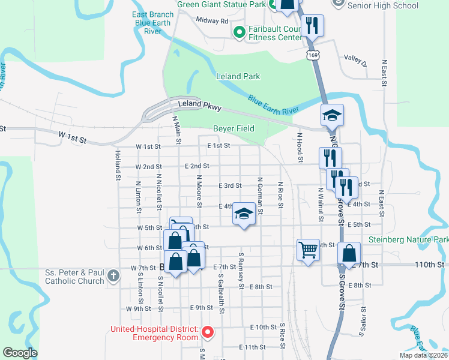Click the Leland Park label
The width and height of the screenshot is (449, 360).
tap(238, 76)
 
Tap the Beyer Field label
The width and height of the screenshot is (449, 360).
tap(234, 128)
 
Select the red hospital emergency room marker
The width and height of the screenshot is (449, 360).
tap(208, 331)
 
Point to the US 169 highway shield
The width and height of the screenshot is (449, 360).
tap(312, 55)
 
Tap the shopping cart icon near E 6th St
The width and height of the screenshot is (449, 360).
tap(308, 248)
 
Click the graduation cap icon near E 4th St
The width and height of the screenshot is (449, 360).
tap(243, 214)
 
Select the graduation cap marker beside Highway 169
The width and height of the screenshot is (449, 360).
tap(331, 114)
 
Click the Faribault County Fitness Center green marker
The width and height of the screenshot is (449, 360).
tap(239, 32)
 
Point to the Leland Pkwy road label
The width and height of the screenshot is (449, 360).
tap(200, 107)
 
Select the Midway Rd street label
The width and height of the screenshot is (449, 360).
tap(212, 20)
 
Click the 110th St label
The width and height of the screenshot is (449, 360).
tap(430, 264)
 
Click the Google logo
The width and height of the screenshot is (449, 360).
tap(20, 353)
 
